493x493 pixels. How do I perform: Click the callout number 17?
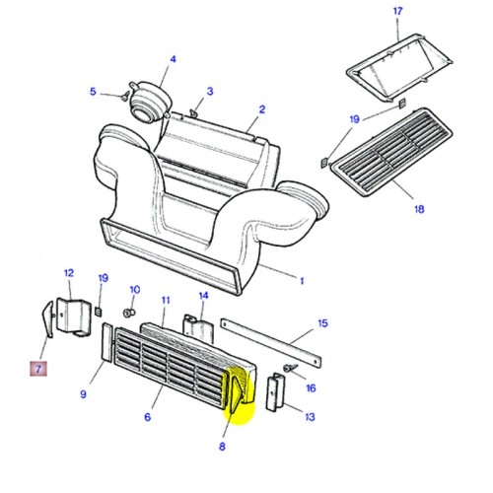pos(398,11)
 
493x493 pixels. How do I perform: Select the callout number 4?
pos(173,59)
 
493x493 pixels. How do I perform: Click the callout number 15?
pos(321,323)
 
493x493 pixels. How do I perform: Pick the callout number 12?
pos(69,272)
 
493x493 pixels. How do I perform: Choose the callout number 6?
pos(147,417)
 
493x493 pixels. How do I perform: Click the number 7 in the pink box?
pos(37,370)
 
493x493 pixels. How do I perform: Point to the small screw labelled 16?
pos(285,370)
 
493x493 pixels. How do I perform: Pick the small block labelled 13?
pos(275,395)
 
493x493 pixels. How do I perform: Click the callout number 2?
pos(262,109)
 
